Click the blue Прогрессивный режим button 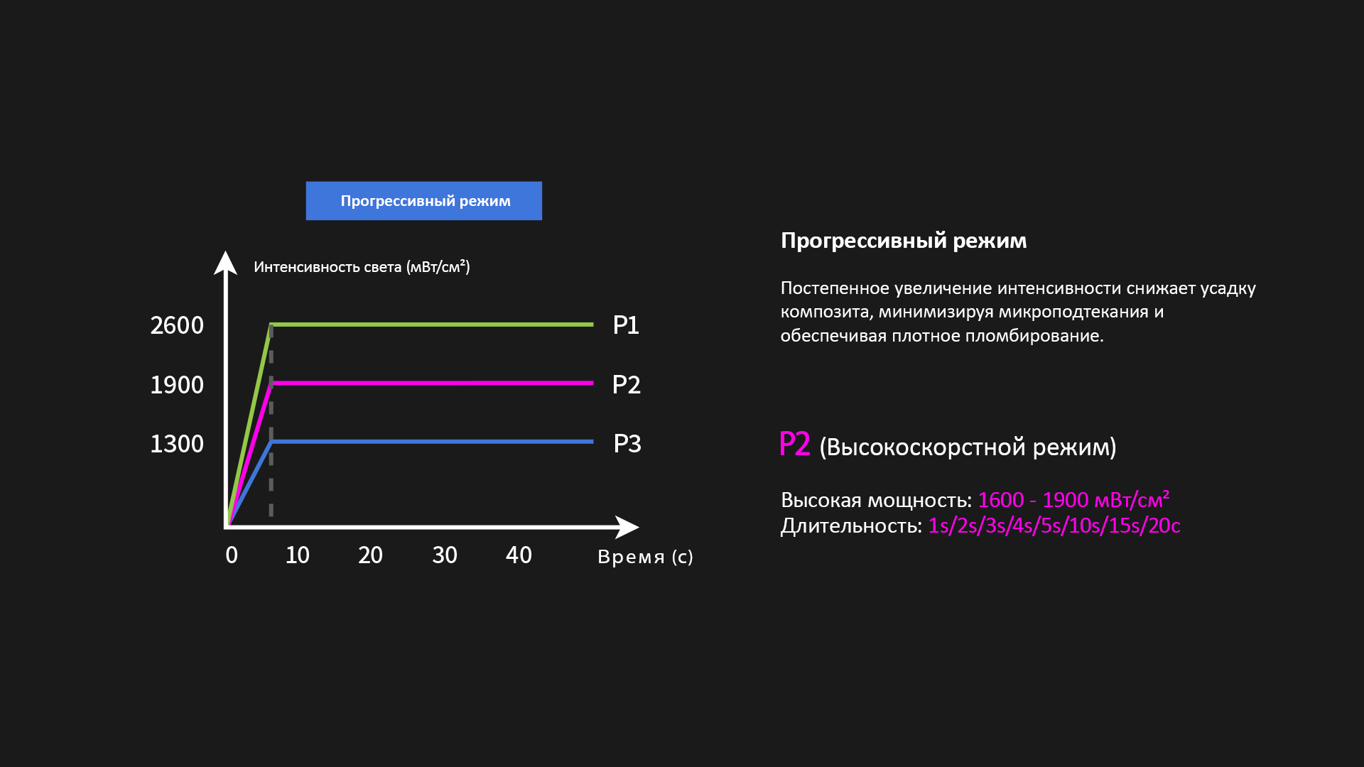click(x=424, y=201)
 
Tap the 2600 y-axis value click(x=177, y=326)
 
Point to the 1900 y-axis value click(x=177, y=385)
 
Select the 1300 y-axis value click(x=177, y=444)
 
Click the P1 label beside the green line click(x=626, y=325)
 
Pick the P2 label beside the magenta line click(x=627, y=385)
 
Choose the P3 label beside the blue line click(x=627, y=444)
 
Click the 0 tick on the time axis click(x=232, y=555)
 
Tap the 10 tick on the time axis click(x=298, y=555)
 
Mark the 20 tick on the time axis click(x=370, y=555)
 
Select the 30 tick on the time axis click(x=445, y=555)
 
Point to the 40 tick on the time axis click(x=519, y=555)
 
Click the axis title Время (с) click(x=645, y=557)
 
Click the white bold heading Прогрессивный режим click(x=904, y=241)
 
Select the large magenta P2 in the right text click(x=795, y=445)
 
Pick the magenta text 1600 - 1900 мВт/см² click(x=1073, y=500)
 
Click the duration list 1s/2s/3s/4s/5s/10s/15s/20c click(x=1054, y=526)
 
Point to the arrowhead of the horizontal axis click(x=628, y=527)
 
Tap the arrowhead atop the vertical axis click(x=226, y=262)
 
